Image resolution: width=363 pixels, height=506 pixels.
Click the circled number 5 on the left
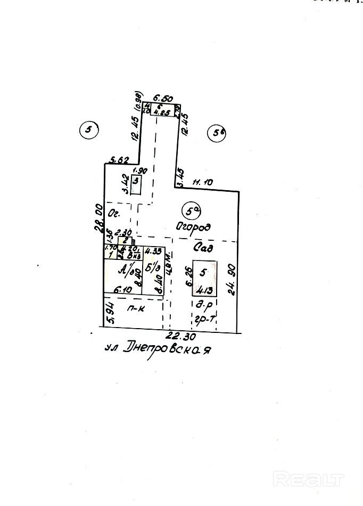pyautogui.click(x=88, y=129)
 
